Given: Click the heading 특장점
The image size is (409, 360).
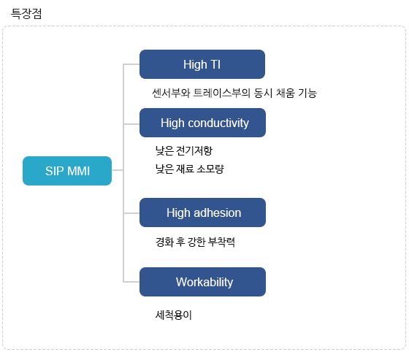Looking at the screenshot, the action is coord(26,14).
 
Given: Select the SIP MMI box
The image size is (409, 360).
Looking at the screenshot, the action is coord(67,171).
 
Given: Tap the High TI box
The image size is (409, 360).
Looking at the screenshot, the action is coord(202,64).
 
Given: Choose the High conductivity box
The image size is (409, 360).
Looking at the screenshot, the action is coord(203,123).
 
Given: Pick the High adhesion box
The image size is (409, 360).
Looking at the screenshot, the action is coord(203,212).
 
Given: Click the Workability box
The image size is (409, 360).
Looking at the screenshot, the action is coord(203,282).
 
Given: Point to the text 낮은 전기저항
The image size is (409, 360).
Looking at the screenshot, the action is coord(184,150).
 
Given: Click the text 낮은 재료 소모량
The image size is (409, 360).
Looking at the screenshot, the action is coord(190,169).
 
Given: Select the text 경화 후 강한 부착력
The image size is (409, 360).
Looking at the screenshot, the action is coord(195,242).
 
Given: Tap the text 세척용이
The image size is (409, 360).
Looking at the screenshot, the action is coord(174,315).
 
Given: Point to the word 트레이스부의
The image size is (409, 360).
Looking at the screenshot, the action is coord(221,93).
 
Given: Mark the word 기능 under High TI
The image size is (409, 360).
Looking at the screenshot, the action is coord(307,93).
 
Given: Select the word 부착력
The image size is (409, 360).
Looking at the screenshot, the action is coord(222,242).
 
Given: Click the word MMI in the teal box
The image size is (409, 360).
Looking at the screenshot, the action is coord(78,171).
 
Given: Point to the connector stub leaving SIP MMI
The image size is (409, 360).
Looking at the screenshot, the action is coord(118,170).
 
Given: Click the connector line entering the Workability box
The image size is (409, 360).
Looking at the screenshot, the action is coord(131,282).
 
